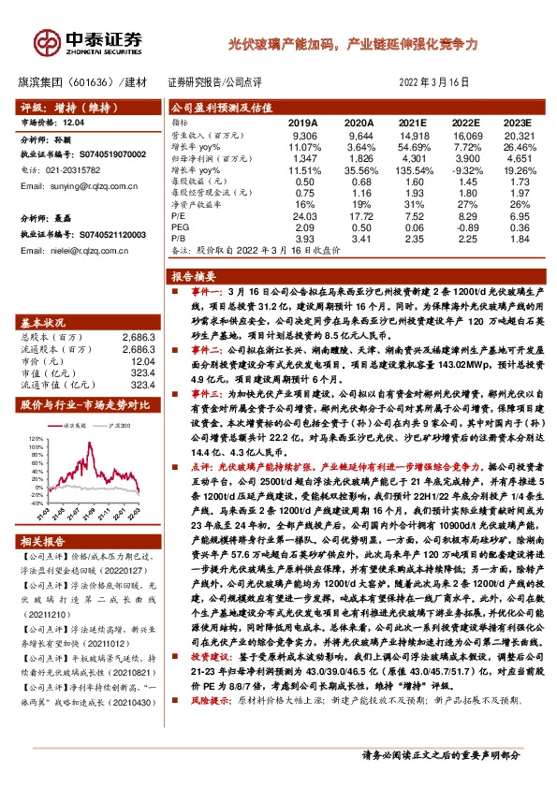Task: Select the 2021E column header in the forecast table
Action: [x=412, y=123]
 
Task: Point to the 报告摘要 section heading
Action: [x=195, y=277]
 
